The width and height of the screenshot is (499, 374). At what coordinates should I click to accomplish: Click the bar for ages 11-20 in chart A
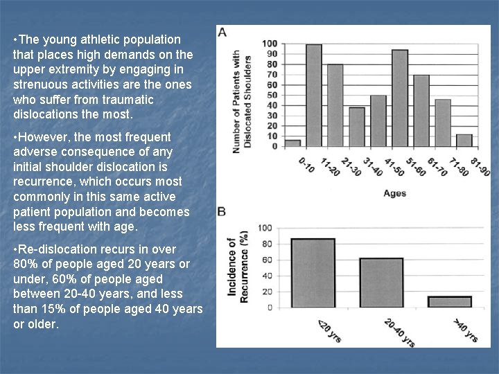pyautogui.click(x=314, y=96)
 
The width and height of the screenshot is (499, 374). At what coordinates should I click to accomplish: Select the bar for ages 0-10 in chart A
pyautogui.click(x=292, y=143)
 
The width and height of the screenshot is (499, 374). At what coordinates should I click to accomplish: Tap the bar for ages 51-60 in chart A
pyautogui.click(x=421, y=111)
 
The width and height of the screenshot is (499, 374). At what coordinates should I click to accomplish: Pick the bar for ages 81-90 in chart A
pyautogui.click(x=464, y=141)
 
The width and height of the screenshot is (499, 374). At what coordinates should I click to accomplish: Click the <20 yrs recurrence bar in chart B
pyautogui.click(x=313, y=273)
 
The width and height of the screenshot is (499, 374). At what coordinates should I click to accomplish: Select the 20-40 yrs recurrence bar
pyautogui.click(x=381, y=283)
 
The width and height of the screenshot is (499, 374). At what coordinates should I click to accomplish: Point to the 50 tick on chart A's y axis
pyautogui.click(x=272, y=96)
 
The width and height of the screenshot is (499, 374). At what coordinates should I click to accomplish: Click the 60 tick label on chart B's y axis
pyautogui.click(x=265, y=260)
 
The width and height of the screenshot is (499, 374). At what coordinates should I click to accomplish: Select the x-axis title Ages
pyautogui.click(x=395, y=193)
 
